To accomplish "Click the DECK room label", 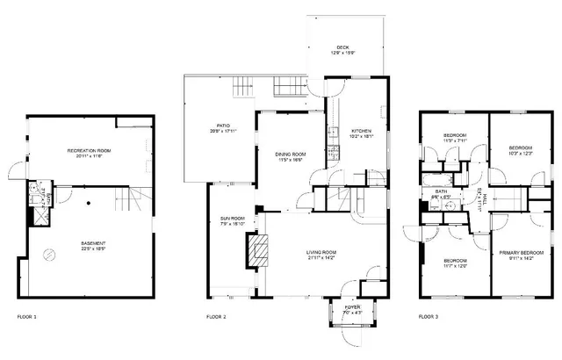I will [x=344, y=47].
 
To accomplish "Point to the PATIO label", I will [x=223, y=126].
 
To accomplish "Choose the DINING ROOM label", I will [x=291, y=154].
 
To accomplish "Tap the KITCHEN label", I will [x=362, y=131].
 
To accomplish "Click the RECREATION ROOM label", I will [x=87, y=151].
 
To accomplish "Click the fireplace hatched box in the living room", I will [x=256, y=251].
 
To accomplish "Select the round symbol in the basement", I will [x=49, y=257].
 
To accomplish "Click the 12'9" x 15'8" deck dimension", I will [x=344, y=54].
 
